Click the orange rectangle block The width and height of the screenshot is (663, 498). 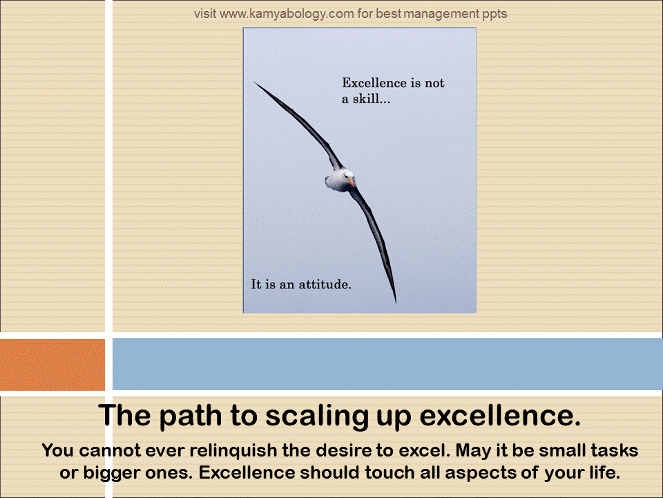[x=52, y=365]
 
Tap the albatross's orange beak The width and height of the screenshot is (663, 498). [x=352, y=183]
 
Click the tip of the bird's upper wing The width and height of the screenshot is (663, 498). [x=254, y=82]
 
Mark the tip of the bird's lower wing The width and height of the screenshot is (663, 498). [x=395, y=302]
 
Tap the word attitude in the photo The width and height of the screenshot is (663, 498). [x=325, y=284]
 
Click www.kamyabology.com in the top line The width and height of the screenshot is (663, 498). [x=287, y=14]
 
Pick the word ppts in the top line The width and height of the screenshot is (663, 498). [x=494, y=15]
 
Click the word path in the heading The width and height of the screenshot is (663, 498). [x=191, y=415]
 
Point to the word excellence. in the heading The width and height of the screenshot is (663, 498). [x=500, y=415]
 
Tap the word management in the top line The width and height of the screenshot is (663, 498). [x=441, y=15]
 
